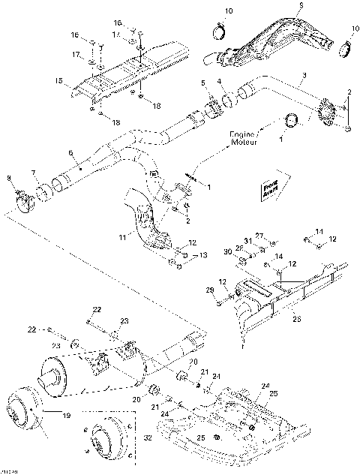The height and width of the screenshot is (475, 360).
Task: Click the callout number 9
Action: pos(279,6)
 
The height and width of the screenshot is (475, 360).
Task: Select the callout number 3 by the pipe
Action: pos(304,76)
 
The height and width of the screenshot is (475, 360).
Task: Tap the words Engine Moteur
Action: pos(244,138)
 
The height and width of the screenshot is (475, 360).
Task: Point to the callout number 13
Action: pos(202,256)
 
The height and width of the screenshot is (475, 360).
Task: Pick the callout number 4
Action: pos(218,81)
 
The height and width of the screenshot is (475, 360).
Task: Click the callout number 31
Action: pos(248,240)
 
